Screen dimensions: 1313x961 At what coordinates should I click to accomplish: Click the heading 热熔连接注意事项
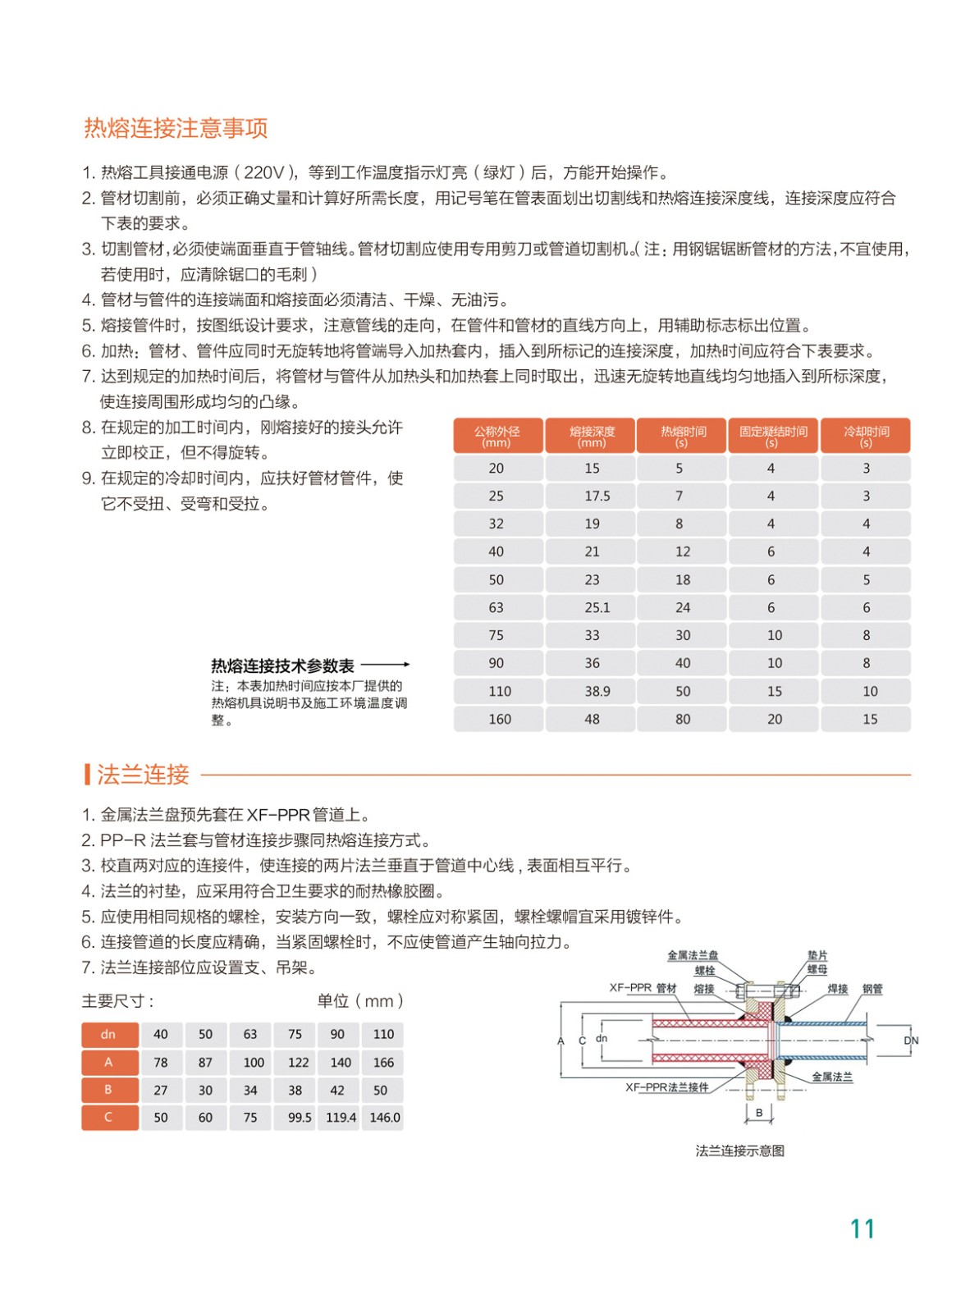coord(176,128)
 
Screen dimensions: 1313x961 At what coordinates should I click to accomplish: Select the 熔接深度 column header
coord(591,436)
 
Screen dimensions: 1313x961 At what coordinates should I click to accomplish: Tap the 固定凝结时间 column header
coord(772,436)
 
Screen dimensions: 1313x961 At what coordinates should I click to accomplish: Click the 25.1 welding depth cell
coord(597,608)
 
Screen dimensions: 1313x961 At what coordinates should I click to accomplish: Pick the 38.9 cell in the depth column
coord(597,692)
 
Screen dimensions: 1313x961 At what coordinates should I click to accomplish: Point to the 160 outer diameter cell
coord(499,720)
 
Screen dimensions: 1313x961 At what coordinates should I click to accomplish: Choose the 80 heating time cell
coord(683,720)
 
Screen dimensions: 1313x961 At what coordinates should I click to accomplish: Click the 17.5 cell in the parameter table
coord(597,496)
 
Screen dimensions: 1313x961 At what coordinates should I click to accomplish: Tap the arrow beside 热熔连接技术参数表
coord(385,665)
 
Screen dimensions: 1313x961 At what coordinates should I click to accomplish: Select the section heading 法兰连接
coord(143,774)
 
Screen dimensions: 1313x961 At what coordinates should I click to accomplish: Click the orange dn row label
coord(109,1035)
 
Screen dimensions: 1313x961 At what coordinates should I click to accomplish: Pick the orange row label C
coord(109,1118)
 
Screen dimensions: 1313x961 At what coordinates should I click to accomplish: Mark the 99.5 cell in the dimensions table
coord(300,1118)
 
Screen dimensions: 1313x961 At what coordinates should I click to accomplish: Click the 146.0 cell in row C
coord(384,1118)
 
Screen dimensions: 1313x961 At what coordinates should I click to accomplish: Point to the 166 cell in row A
coord(383,1063)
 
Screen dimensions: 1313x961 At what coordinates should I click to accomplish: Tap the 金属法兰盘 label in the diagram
coord(692,955)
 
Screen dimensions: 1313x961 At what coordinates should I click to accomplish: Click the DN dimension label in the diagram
coord(911,1041)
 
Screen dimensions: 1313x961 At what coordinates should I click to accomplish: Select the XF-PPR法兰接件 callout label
coord(666,1087)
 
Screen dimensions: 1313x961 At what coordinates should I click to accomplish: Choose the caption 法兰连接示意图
coord(739,1151)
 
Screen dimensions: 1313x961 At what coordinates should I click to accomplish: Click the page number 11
coord(862,1229)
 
